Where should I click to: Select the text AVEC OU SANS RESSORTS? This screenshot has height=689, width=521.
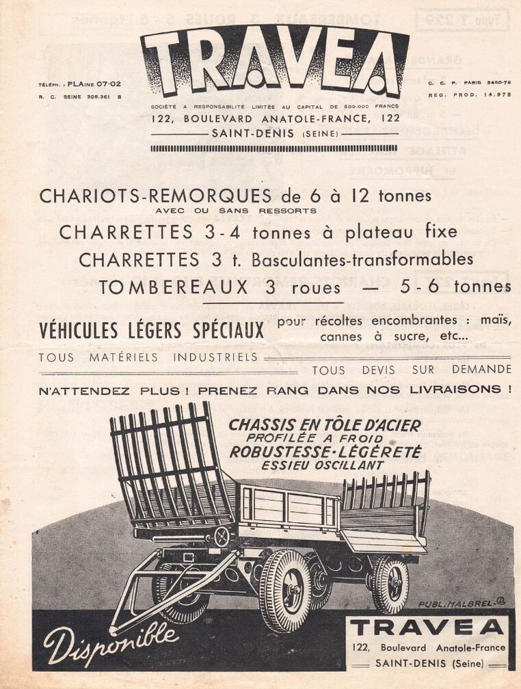(x=236, y=211)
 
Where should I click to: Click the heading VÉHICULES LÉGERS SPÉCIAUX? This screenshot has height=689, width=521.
(x=151, y=331)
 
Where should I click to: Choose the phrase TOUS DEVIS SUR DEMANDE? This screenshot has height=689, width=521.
(x=411, y=370)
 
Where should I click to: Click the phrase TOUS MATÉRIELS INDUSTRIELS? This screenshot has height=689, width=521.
(x=148, y=357)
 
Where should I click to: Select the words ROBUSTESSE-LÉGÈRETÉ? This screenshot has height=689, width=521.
(x=325, y=452)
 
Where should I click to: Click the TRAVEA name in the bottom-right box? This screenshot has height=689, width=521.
(x=430, y=627)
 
